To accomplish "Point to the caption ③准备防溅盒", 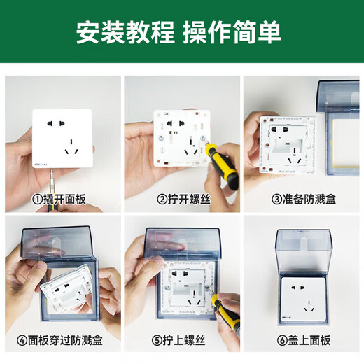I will click(x=302, y=199).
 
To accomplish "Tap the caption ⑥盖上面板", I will click(x=302, y=340).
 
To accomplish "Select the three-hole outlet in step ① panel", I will click(x=70, y=148).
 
